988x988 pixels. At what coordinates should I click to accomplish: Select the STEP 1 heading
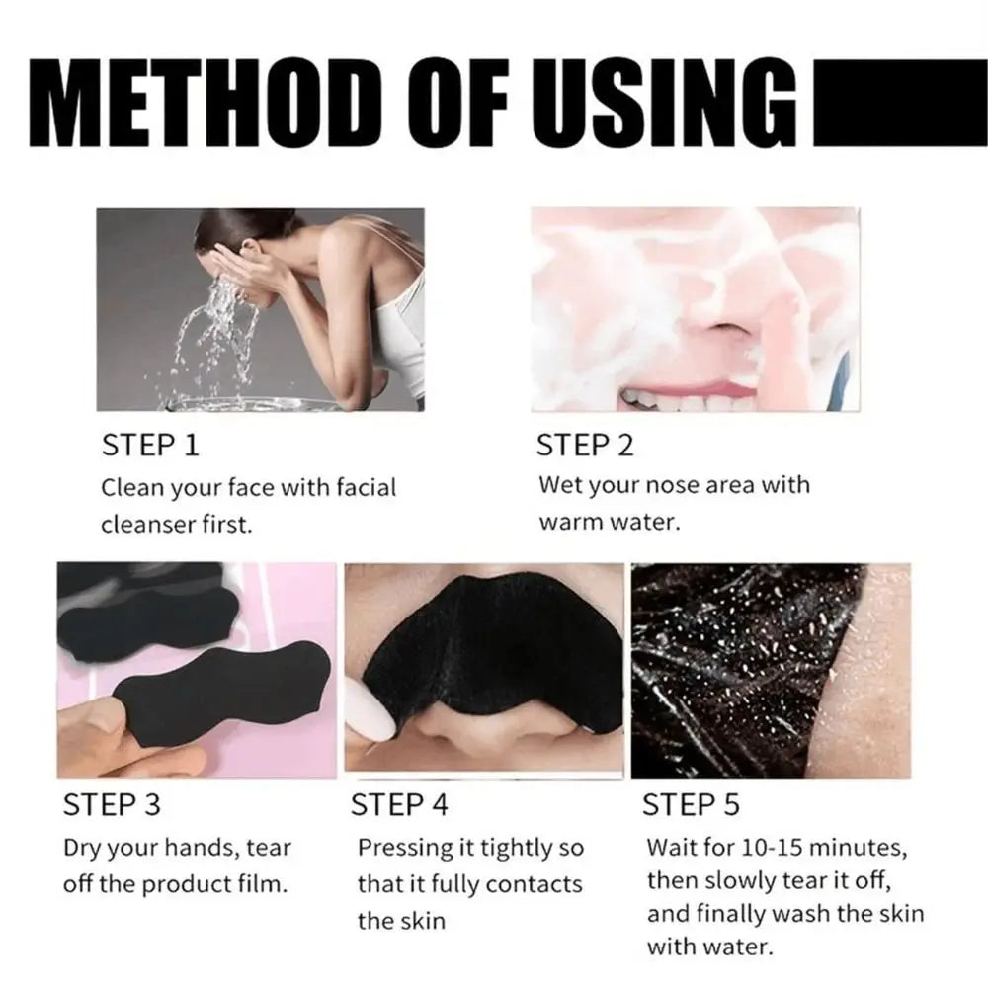pyautogui.click(x=150, y=446)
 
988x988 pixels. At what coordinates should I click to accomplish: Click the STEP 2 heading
pyautogui.click(x=585, y=446)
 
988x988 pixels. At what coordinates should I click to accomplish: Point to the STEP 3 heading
pyautogui.click(x=112, y=805)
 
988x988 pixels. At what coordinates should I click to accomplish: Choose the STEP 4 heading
pyautogui.click(x=400, y=805)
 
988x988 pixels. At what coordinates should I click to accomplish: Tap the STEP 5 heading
pyautogui.click(x=691, y=805)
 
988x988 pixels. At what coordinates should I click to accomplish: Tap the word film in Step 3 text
pyautogui.click(x=265, y=884)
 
